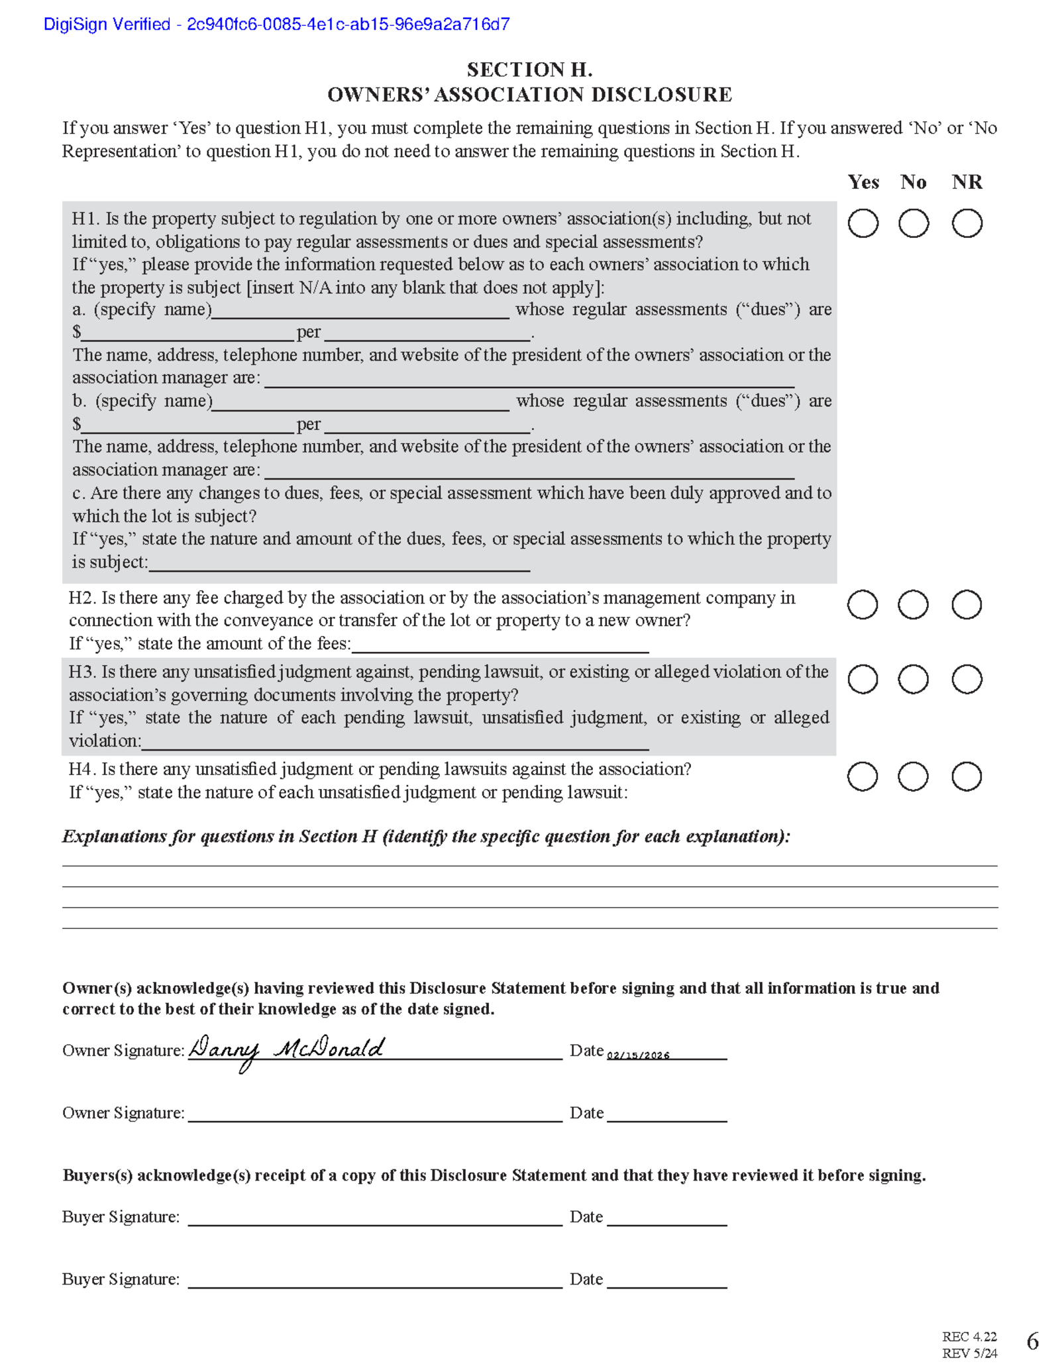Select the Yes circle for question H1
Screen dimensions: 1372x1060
[863, 223]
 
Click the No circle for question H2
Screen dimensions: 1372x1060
[913, 605]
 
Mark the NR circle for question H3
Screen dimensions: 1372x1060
[967, 679]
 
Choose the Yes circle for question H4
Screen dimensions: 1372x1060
[863, 776]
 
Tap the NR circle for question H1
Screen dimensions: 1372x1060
[967, 223]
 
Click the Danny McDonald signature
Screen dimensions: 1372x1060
[286, 1049]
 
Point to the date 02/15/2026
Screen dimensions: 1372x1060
[638, 1055]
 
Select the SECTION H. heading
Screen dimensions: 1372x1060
[529, 70]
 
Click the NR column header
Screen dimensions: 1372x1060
[967, 182]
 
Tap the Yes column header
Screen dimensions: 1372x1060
[863, 182]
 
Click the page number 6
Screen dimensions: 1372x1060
[1032, 1342]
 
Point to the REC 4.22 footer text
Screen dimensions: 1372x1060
[969, 1336]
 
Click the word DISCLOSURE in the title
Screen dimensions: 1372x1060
[661, 95]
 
